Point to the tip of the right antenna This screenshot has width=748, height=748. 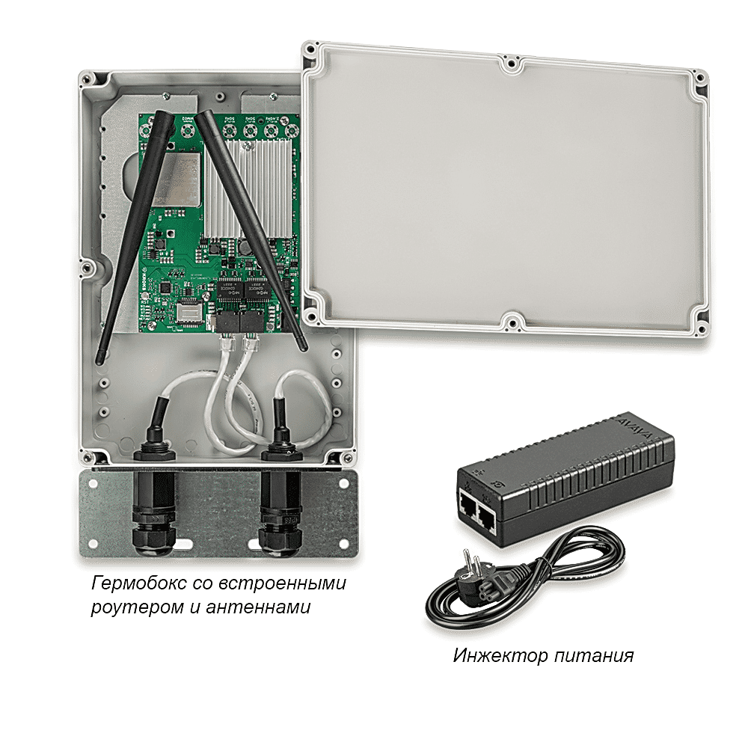click(302, 348)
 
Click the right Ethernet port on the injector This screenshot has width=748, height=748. click(488, 515)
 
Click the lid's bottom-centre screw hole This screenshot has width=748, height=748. click(511, 322)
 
